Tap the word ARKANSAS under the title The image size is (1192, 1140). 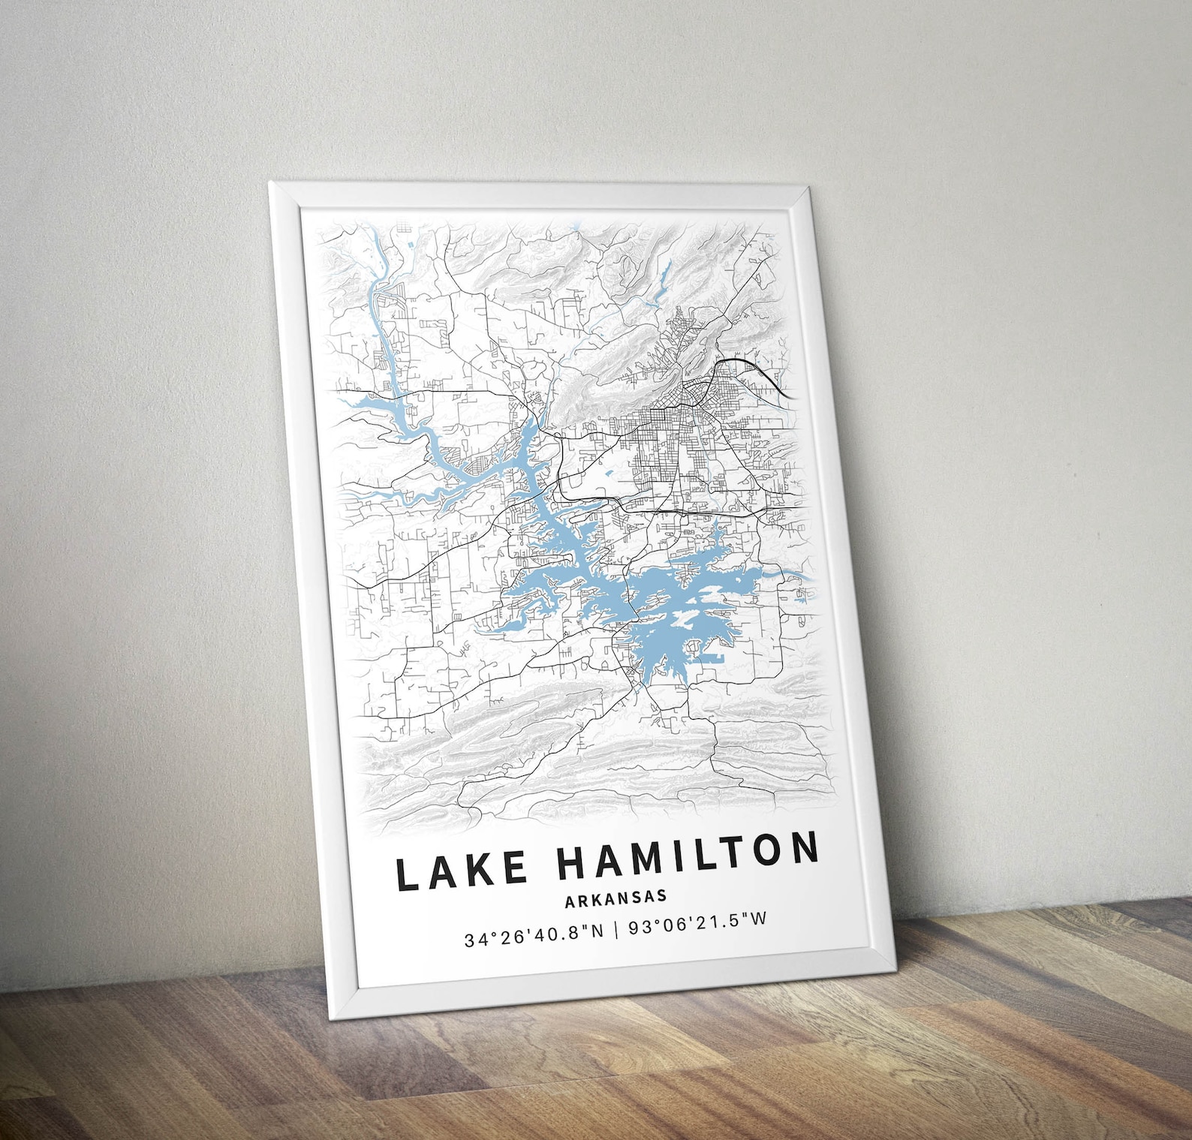click(616, 897)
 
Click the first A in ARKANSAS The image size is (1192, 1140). click(571, 900)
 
